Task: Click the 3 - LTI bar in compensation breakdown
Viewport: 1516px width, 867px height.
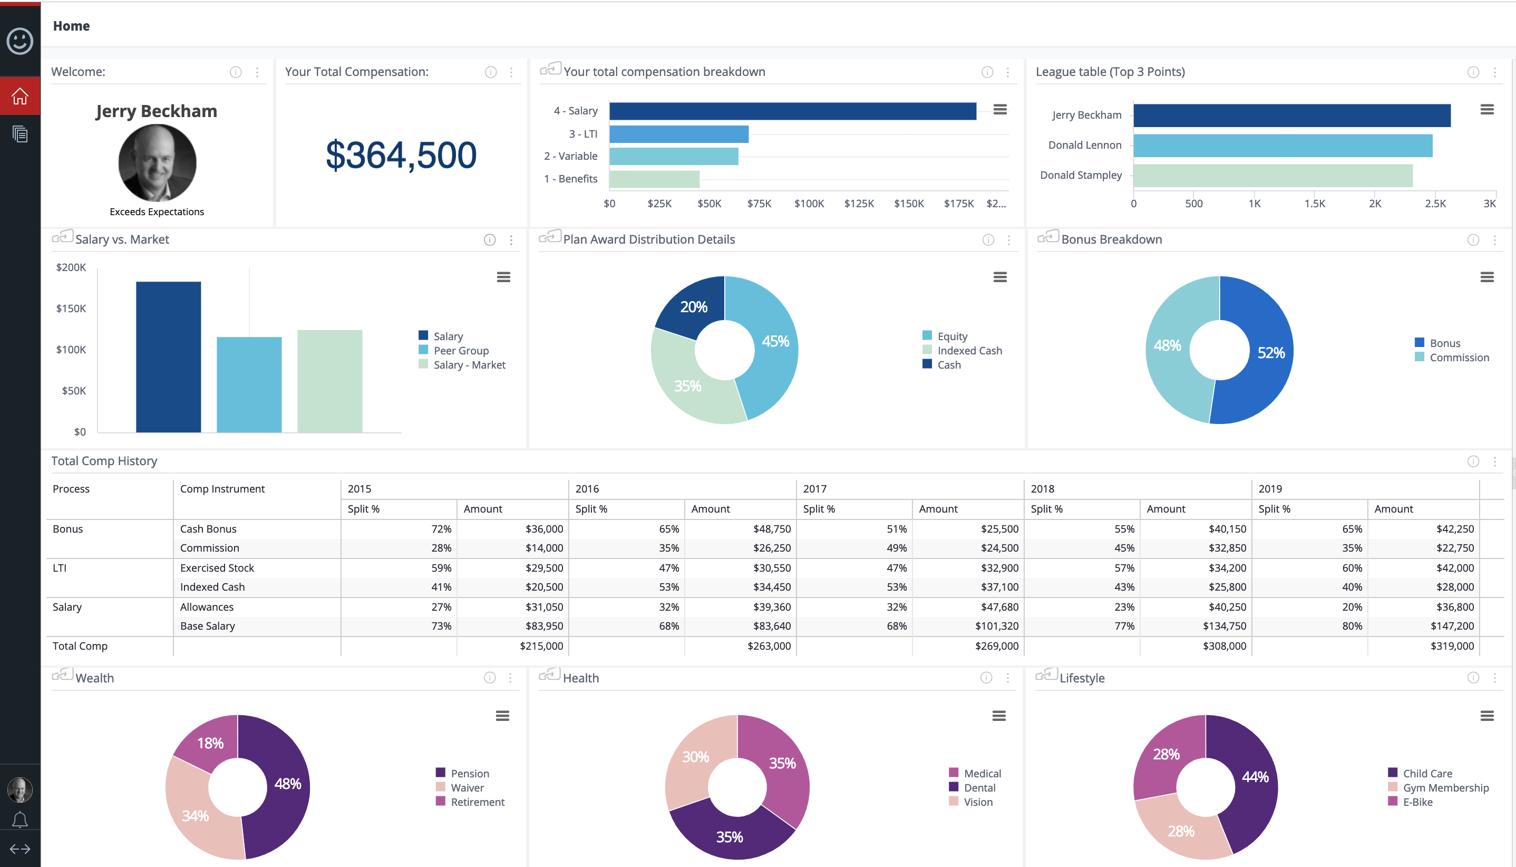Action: (x=678, y=134)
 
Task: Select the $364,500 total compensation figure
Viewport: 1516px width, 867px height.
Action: (x=401, y=155)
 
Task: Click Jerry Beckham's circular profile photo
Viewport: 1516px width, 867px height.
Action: (x=157, y=162)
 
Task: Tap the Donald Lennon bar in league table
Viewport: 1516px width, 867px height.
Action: (x=1282, y=146)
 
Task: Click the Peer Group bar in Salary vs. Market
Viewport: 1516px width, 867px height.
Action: (x=249, y=384)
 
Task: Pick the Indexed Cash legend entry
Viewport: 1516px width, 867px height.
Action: (x=969, y=351)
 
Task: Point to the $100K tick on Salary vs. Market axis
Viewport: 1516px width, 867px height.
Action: (x=71, y=350)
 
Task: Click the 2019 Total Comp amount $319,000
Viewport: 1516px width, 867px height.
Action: (x=1452, y=646)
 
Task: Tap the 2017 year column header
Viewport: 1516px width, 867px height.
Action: (x=814, y=489)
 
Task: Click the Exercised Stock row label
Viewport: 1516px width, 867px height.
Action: (x=217, y=568)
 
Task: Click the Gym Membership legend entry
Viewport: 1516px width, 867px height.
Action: (x=1445, y=788)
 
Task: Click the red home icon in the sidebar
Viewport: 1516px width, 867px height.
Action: (x=20, y=96)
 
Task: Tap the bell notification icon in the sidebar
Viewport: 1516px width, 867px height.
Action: (x=20, y=820)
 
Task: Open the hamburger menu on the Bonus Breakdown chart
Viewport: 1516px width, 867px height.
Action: (x=1486, y=277)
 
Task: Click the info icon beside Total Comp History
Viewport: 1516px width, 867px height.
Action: (x=1473, y=461)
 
